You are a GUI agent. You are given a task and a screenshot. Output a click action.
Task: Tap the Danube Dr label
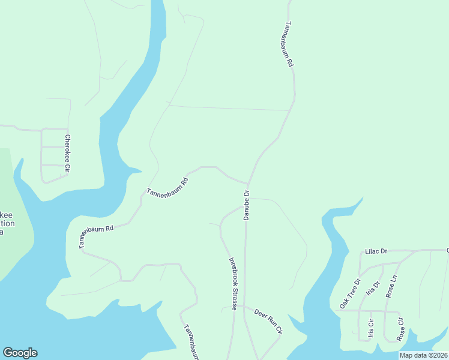coord(246,205)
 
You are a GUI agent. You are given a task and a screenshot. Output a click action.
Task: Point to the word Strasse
coord(234,298)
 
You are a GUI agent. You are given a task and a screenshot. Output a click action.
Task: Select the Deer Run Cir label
coord(268,320)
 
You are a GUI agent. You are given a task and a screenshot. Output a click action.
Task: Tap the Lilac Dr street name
coord(376,251)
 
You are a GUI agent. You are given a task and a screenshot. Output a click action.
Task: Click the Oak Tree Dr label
coord(349,293)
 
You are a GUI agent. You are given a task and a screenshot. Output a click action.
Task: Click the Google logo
coord(20,353)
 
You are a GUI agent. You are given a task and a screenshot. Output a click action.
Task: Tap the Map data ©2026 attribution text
coord(423,355)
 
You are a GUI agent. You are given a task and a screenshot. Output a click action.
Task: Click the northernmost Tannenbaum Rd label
coord(288,44)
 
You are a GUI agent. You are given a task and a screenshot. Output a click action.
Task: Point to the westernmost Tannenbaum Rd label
coord(96,237)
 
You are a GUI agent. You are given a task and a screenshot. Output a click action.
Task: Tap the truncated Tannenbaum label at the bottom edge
coord(190,343)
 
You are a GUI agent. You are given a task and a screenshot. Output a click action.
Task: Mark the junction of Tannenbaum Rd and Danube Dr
coord(249,183)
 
